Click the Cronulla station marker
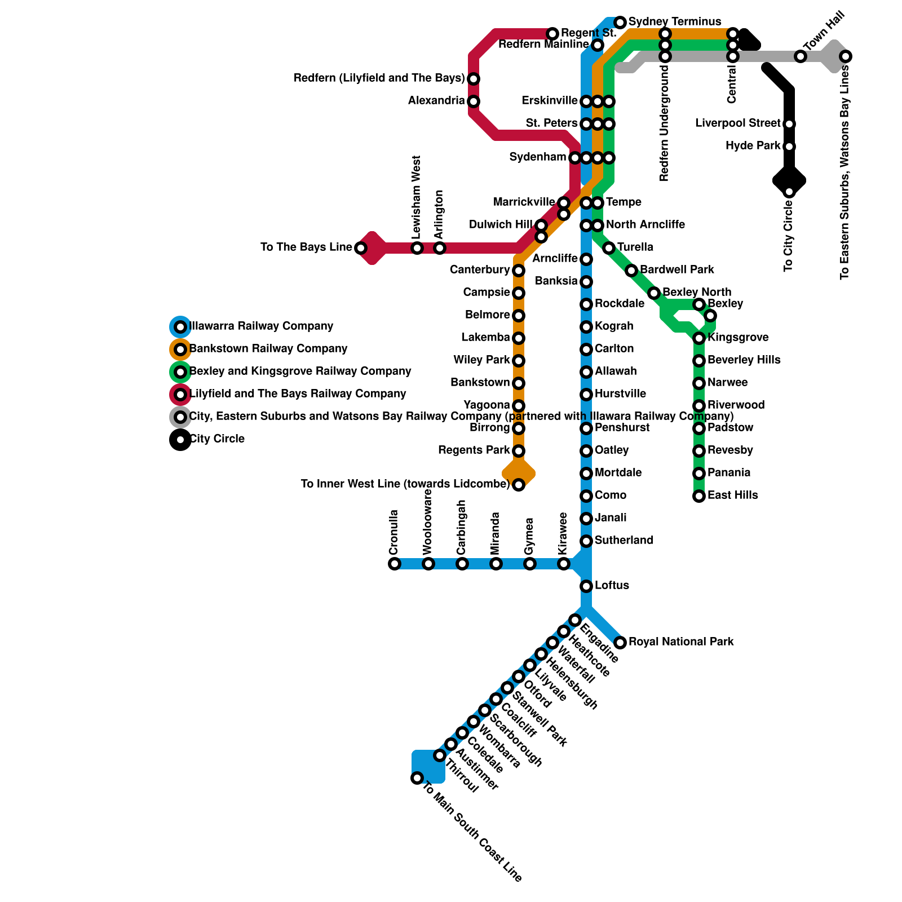pos(395,564)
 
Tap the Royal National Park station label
pos(681,642)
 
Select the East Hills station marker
pos(699,496)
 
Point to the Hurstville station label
pos(620,393)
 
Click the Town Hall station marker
pos(801,56)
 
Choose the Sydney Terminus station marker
pos(620,23)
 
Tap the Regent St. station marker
pos(552,34)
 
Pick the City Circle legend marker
pos(180,440)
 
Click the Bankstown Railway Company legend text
pos(268,348)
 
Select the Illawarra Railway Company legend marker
pos(180,327)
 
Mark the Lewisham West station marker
pos(417,248)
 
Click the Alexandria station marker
pos(474,101)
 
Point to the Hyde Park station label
pos(753,145)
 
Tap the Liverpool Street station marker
pos(789,124)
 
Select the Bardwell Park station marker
pos(631,271)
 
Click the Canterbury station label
pos(480,269)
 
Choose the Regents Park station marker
pos(519,451)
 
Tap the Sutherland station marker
pos(586,541)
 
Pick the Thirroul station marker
pos(440,755)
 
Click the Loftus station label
pos(612,585)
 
